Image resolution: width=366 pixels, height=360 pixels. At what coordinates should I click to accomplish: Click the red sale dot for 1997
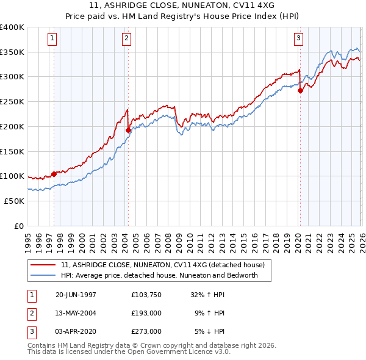[x=54, y=174]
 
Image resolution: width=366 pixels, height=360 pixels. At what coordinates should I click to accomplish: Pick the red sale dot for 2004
[x=128, y=130]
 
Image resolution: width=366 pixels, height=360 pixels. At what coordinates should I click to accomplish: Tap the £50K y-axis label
[x=14, y=201]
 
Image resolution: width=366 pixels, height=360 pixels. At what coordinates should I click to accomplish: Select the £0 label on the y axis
[x=18, y=226]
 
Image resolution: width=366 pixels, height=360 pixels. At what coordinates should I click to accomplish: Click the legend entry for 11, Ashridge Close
[x=162, y=265]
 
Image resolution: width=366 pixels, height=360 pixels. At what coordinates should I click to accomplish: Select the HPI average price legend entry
[x=159, y=275]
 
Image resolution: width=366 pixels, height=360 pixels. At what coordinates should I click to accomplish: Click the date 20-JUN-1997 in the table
[x=76, y=295]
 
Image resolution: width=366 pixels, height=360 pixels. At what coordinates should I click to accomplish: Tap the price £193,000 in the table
[x=146, y=313]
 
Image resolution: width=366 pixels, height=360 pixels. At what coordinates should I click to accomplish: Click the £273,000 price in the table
[x=146, y=331]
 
